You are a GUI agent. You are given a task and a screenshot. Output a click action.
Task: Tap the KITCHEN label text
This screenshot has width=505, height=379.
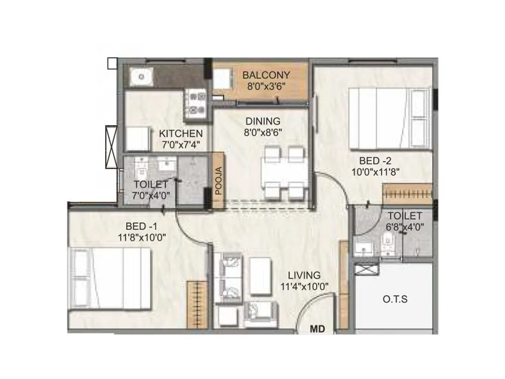point(181,134)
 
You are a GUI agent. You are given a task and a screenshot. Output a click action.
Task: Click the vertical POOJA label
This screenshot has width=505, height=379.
point(218,181)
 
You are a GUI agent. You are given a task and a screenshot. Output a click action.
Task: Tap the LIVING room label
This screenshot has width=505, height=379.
point(304,275)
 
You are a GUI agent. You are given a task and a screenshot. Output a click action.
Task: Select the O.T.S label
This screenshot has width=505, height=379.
point(394,299)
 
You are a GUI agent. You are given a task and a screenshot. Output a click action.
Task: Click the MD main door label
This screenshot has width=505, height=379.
point(317,329)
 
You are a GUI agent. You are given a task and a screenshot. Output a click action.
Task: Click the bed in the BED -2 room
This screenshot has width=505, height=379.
point(390,118)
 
